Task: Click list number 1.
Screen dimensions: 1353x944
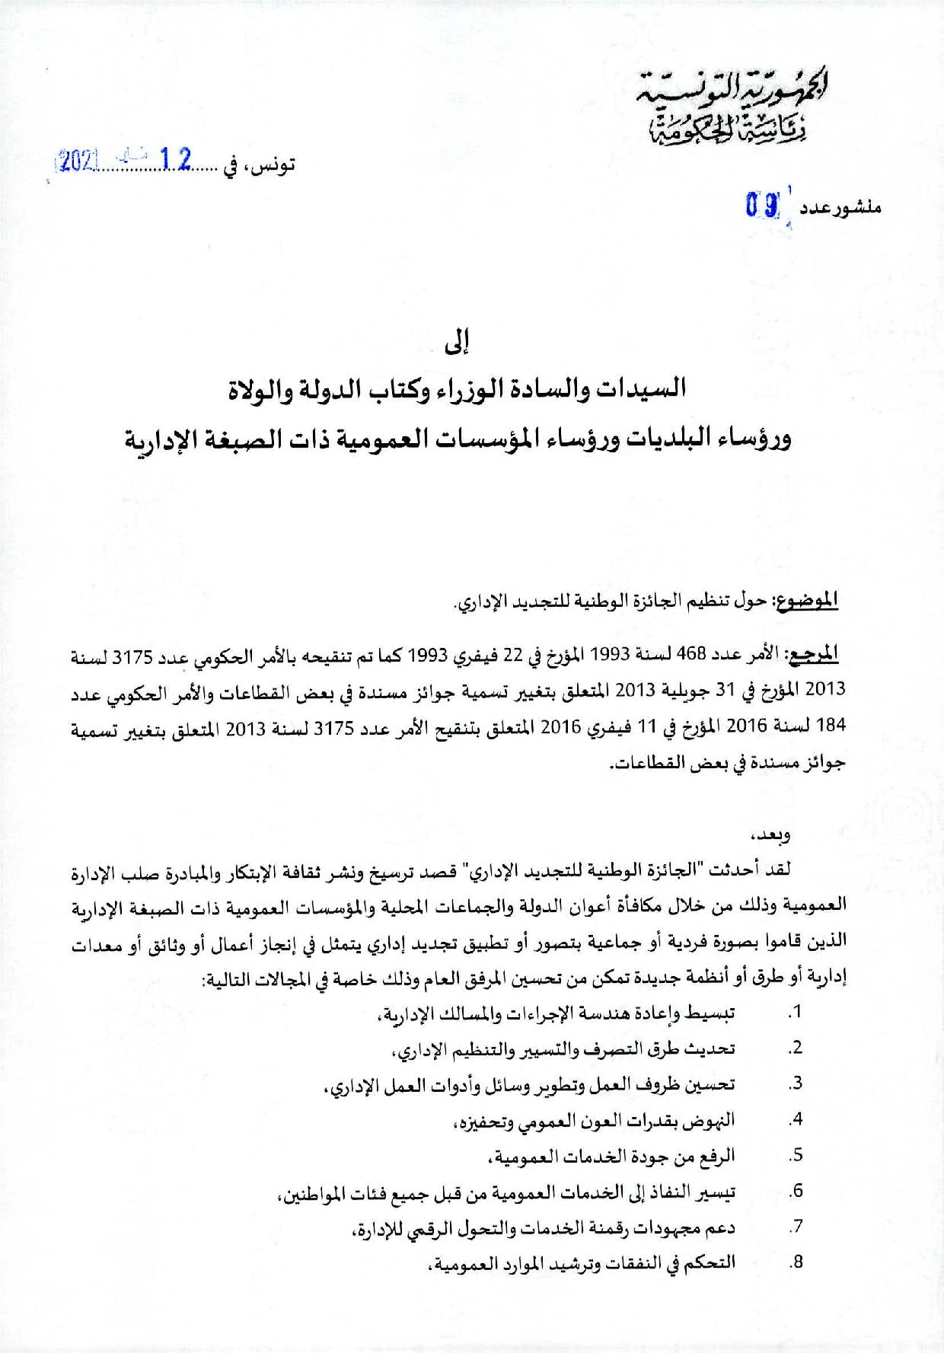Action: tap(795, 1013)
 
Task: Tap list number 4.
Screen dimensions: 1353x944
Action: tap(796, 1119)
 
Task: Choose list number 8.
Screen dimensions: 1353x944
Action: tap(796, 1262)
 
